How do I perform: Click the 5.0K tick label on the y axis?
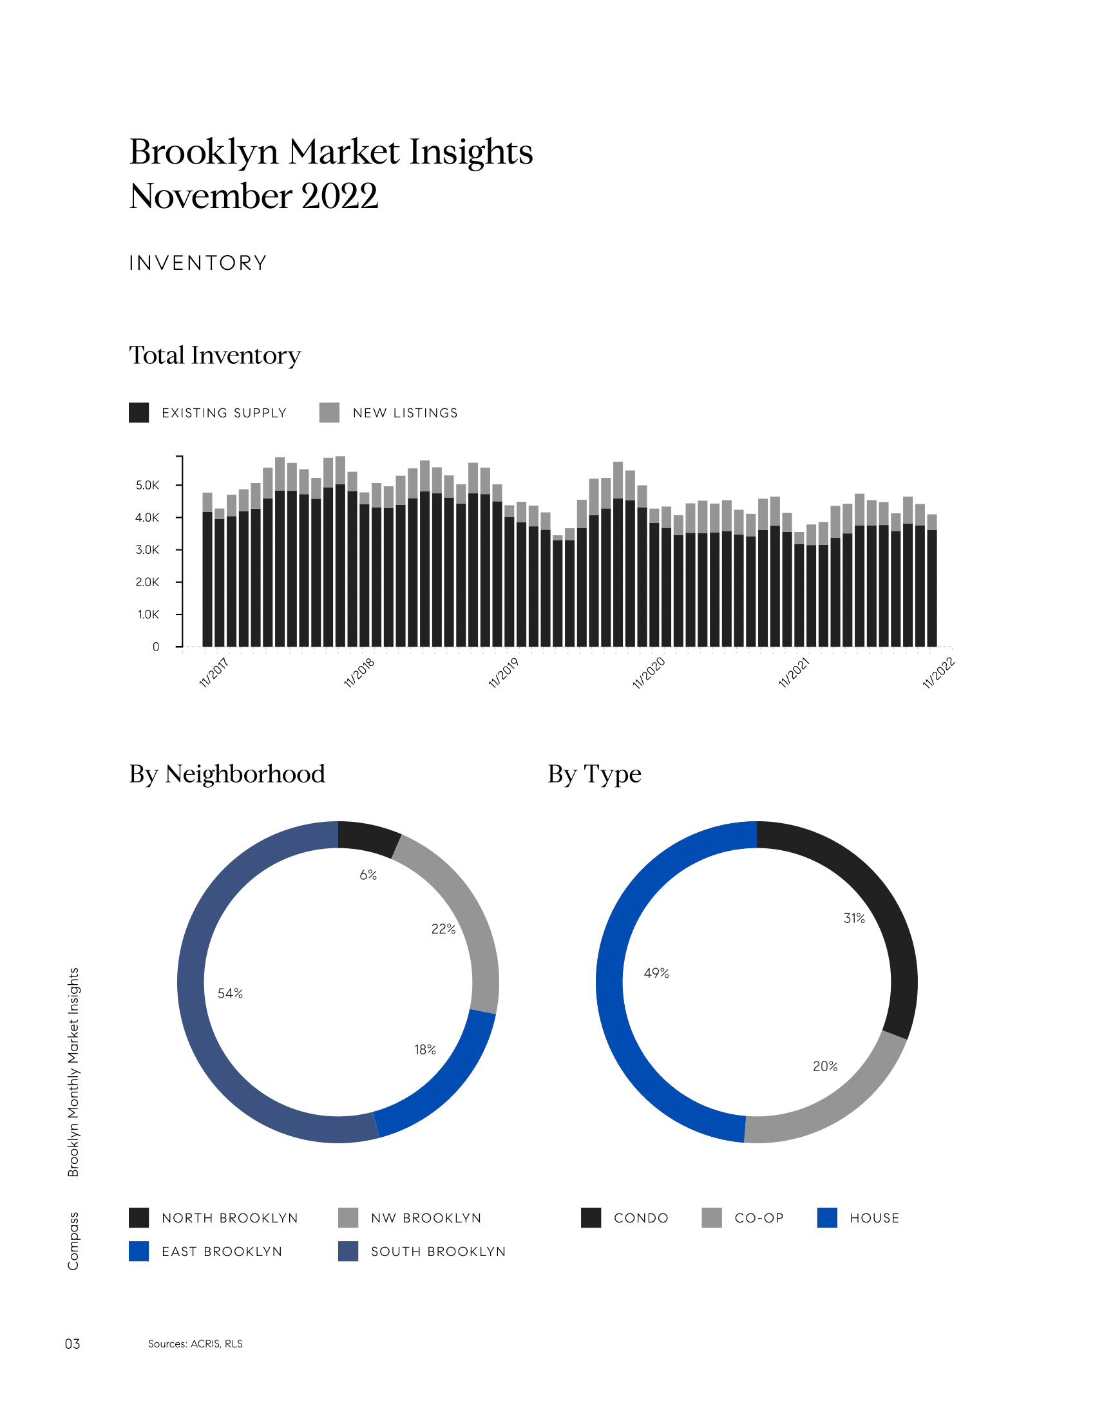click(x=148, y=485)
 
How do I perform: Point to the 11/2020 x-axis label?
click(x=649, y=673)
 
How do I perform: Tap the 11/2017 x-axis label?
click(x=214, y=673)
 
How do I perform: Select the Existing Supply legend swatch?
click(x=139, y=413)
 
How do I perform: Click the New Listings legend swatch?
click(x=330, y=413)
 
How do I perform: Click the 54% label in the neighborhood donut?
click(x=231, y=993)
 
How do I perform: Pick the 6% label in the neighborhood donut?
click(x=368, y=875)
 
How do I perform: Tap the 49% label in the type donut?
click(x=656, y=973)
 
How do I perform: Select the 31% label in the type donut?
click(x=853, y=918)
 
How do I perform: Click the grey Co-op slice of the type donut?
click(x=837, y=1103)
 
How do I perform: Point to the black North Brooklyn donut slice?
click(x=368, y=837)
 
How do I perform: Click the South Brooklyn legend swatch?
click(x=348, y=1251)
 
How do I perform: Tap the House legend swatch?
click(x=827, y=1218)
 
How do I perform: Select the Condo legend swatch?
click(x=591, y=1218)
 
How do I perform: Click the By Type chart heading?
click(x=595, y=774)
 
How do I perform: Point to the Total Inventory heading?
click(x=214, y=356)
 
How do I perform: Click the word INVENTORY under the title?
click(x=198, y=263)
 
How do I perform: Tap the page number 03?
click(x=72, y=1344)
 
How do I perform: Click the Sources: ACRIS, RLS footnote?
click(x=195, y=1344)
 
